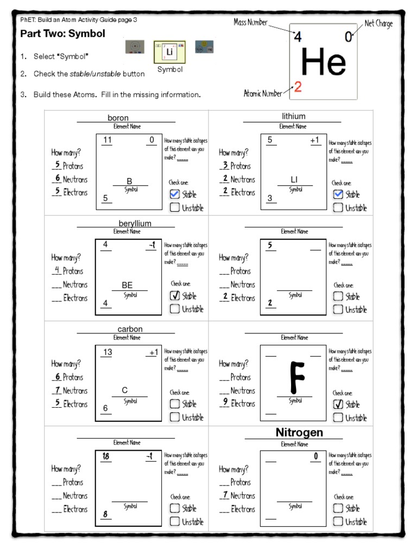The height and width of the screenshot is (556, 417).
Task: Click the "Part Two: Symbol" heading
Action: [x=62, y=34]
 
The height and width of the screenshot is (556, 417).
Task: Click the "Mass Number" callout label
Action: [x=251, y=22]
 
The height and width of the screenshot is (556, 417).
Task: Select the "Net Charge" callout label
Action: [x=378, y=23]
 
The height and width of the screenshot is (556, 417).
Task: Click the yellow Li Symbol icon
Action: [x=170, y=52]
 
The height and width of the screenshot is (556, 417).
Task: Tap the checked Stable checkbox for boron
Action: [x=174, y=194]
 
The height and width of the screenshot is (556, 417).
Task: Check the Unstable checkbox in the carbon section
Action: [x=174, y=417]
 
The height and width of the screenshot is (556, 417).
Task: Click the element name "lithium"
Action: [x=293, y=116]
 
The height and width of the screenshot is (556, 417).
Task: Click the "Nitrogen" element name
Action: [x=299, y=432]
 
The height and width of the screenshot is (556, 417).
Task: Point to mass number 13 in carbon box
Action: [x=108, y=352]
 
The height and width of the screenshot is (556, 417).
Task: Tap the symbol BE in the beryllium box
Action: [x=127, y=285]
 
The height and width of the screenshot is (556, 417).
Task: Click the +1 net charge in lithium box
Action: [x=315, y=140]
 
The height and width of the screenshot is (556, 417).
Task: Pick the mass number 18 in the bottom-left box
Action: [x=106, y=457]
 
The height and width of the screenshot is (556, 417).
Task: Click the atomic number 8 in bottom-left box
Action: [x=105, y=514]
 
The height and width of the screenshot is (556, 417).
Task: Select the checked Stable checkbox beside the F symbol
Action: [x=338, y=404]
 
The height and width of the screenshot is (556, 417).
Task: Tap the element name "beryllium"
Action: [x=135, y=223]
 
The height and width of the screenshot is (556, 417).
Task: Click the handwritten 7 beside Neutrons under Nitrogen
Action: [x=225, y=495]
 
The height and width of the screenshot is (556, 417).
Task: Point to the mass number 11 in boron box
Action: [x=108, y=140]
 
